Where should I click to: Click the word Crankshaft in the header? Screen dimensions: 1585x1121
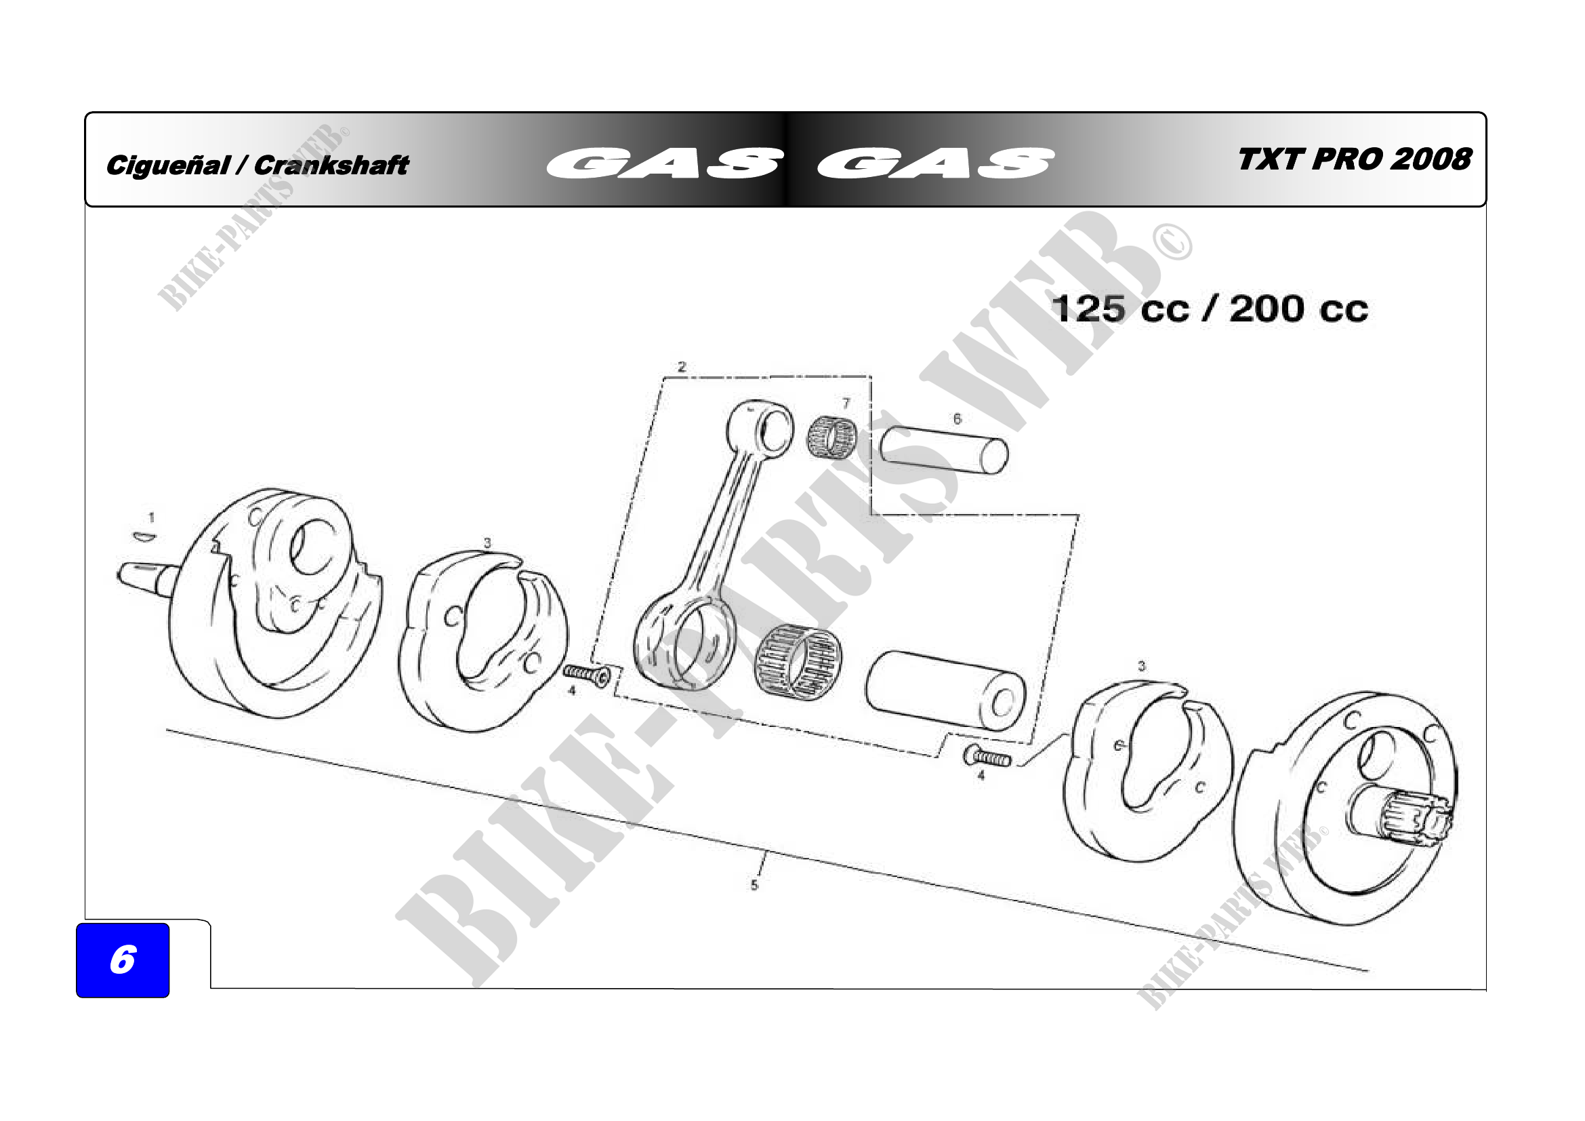(x=331, y=165)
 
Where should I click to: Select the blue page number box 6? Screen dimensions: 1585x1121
(x=123, y=960)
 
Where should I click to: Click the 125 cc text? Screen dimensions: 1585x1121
(x=1121, y=309)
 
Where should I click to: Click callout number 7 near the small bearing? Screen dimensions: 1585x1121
(x=846, y=404)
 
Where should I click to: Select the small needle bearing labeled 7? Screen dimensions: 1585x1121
(x=832, y=437)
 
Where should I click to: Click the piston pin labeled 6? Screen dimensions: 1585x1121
(x=944, y=450)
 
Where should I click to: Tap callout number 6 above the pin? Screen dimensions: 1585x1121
(x=957, y=418)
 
